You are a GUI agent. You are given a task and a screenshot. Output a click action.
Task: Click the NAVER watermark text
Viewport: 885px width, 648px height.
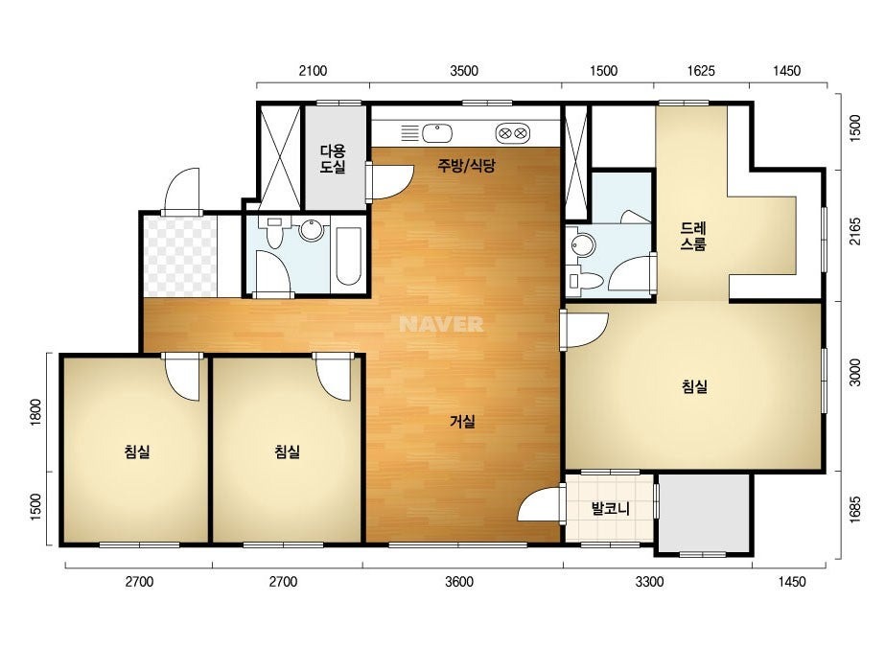(x=441, y=324)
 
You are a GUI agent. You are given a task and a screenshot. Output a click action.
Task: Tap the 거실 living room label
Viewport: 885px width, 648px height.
(x=462, y=421)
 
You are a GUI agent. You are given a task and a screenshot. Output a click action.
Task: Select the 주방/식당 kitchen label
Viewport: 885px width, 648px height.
(x=467, y=166)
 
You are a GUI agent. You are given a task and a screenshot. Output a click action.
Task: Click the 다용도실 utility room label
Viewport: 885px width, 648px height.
(x=333, y=158)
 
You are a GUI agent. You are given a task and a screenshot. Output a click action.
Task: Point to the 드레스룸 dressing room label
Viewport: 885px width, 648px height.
(x=693, y=236)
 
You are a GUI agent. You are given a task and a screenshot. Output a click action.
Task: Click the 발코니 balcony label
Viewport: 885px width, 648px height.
(x=610, y=509)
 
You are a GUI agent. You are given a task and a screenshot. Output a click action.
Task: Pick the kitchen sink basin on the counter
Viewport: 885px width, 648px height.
(x=437, y=134)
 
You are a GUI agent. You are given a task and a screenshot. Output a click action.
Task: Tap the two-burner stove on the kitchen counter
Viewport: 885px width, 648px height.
(x=512, y=133)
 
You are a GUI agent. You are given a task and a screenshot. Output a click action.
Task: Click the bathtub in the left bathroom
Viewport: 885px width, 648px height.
(x=348, y=256)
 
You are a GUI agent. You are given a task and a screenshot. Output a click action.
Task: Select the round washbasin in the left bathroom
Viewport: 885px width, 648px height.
(x=311, y=230)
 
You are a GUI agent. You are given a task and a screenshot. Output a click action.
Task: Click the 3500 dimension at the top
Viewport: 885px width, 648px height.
(x=464, y=71)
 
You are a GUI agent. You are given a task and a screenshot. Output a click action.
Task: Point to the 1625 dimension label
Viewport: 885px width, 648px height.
(x=701, y=71)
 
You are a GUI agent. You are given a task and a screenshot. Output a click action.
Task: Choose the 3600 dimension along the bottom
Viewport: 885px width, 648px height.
(x=459, y=582)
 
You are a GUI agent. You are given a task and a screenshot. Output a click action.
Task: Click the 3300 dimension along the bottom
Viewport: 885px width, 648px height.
(x=650, y=582)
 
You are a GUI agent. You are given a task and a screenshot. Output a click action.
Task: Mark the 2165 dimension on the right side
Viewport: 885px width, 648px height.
(x=855, y=231)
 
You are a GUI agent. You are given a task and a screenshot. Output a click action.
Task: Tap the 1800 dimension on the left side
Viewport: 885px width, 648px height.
(x=35, y=412)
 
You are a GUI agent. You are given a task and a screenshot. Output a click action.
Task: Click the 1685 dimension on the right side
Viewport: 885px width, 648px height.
(x=855, y=510)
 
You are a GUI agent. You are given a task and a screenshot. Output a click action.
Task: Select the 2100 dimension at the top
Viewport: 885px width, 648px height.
(x=313, y=71)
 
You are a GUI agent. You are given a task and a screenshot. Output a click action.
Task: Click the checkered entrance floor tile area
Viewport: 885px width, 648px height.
(x=180, y=256)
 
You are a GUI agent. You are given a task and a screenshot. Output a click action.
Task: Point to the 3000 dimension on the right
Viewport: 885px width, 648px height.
(x=855, y=373)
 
